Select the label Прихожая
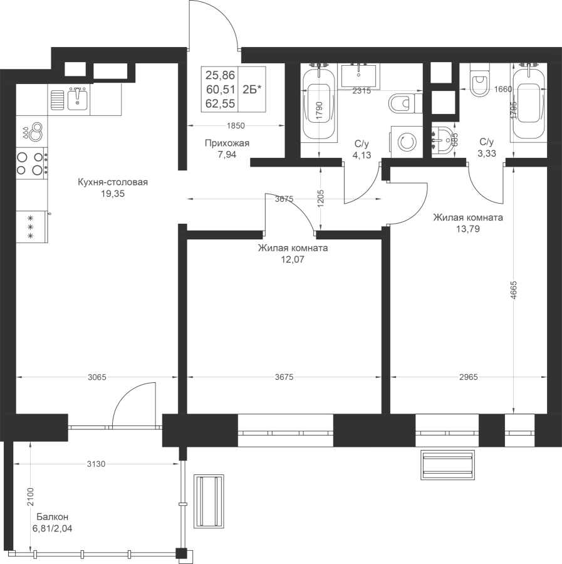click(x=227, y=144)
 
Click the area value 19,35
click(x=113, y=194)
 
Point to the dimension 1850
click(x=236, y=125)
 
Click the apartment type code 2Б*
click(x=252, y=90)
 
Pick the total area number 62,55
click(x=220, y=103)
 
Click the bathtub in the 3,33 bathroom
click(x=529, y=104)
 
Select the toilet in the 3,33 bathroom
click(x=479, y=80)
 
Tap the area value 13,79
click(x=468, y=229)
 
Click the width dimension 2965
click(x=469, y=377)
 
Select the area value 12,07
click(x=293, y=259)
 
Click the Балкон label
click(x=53, y=517)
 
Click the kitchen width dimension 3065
click(x=97, y=377)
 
